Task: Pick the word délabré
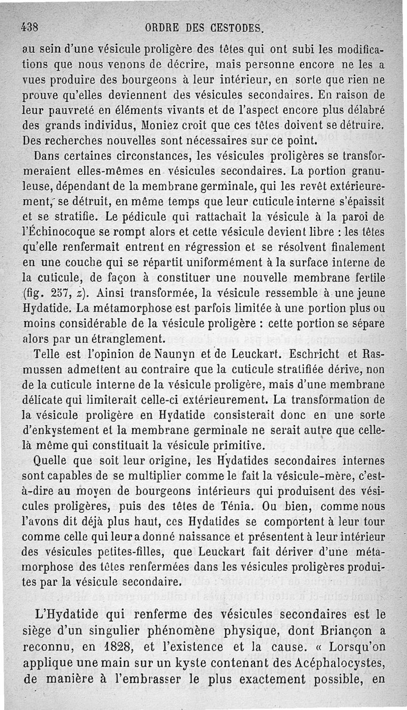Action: click(x=362, y=109)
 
